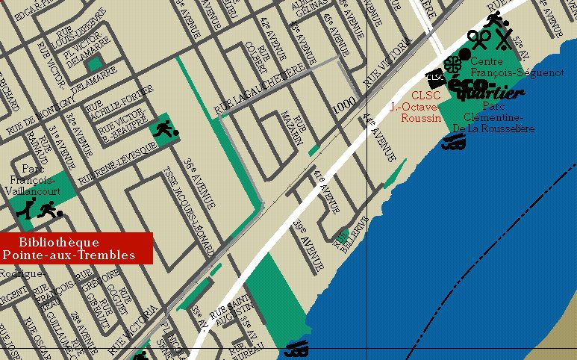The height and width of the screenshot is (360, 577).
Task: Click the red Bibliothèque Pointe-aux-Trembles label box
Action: click(76, 248)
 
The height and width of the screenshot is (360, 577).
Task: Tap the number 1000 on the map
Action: click(344, 108)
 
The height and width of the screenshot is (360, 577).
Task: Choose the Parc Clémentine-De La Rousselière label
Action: click(495, 117)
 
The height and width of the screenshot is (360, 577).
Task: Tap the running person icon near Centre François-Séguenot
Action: click(493, 19)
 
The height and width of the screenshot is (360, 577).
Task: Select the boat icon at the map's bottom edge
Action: click(297, 348)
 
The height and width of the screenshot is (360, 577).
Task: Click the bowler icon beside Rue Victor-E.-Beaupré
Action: click(163, 130)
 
